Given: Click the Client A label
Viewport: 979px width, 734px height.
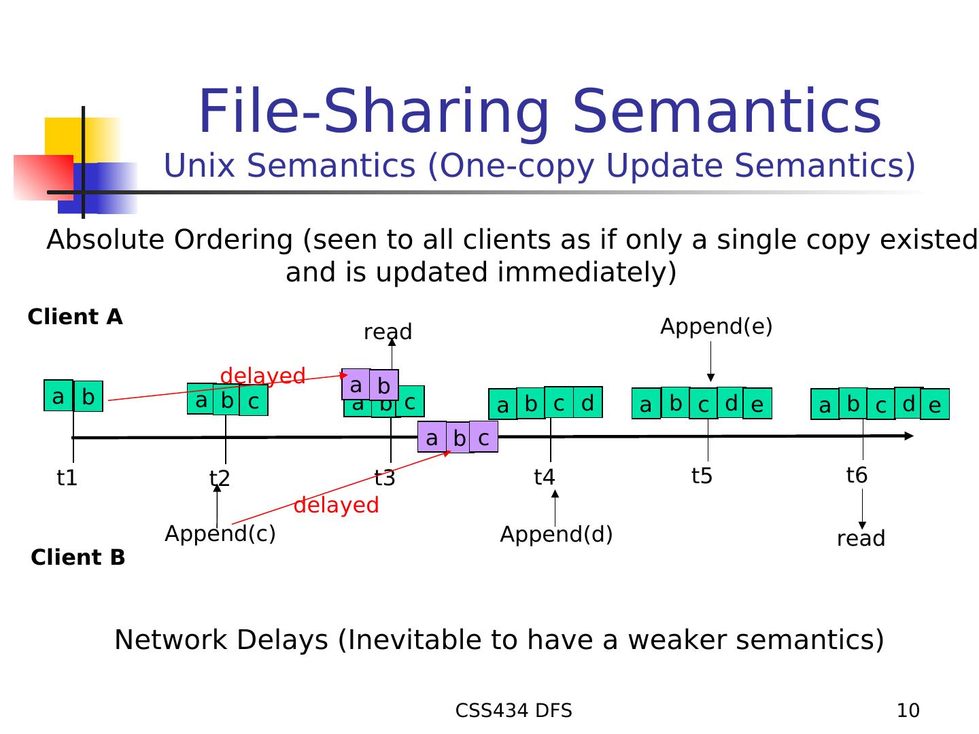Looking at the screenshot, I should click(75, 317).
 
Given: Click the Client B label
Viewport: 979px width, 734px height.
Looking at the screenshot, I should click(78, 558).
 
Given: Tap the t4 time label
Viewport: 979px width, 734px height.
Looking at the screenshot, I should click(544, 478).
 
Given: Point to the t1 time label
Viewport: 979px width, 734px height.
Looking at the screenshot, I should click(67, 478).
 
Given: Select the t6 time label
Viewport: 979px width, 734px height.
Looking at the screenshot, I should click(857, 475).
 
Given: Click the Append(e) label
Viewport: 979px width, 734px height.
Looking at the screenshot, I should click(716, 327).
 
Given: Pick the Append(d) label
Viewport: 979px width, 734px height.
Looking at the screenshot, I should click(556, 535).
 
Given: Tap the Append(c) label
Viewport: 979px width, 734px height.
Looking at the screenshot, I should click(220, 534).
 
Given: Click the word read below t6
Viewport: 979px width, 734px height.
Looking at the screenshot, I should click(861, 539).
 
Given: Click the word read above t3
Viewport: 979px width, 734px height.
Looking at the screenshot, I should click(388, 332).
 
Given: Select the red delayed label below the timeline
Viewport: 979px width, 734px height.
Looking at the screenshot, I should click(336, 506).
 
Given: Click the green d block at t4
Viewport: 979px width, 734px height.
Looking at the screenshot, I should click(587, 403).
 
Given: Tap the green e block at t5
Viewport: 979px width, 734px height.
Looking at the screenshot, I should click(757, 405).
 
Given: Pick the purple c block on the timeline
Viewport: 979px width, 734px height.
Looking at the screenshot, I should click(483, 438).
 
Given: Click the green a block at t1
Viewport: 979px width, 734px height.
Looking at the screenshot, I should click(58, 396).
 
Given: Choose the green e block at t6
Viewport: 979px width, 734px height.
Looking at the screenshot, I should click(934, 406).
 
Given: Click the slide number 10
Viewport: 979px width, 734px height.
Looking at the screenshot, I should click(908, 711).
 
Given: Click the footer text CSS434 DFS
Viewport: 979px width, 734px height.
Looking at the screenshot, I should click(513, 711).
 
